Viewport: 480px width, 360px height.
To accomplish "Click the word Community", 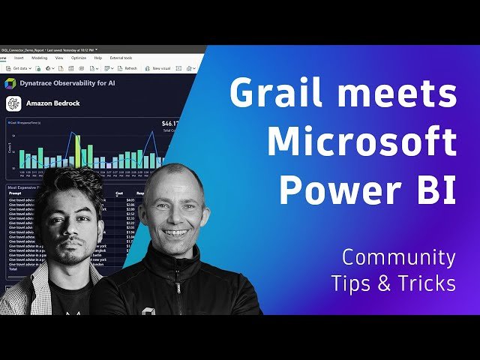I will coord(398,257).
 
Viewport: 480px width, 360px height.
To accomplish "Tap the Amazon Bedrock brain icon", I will coord(12,104).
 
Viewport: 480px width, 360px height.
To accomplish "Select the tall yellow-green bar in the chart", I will coord(77,151).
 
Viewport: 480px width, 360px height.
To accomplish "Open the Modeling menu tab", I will coord(40,58).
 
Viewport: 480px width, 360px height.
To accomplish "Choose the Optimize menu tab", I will coord(79,58).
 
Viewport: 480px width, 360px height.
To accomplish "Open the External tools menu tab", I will coord(122,58).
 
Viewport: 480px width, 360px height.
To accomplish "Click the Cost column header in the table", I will coord(119,193).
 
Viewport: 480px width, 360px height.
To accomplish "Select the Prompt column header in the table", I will coord(15,193).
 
